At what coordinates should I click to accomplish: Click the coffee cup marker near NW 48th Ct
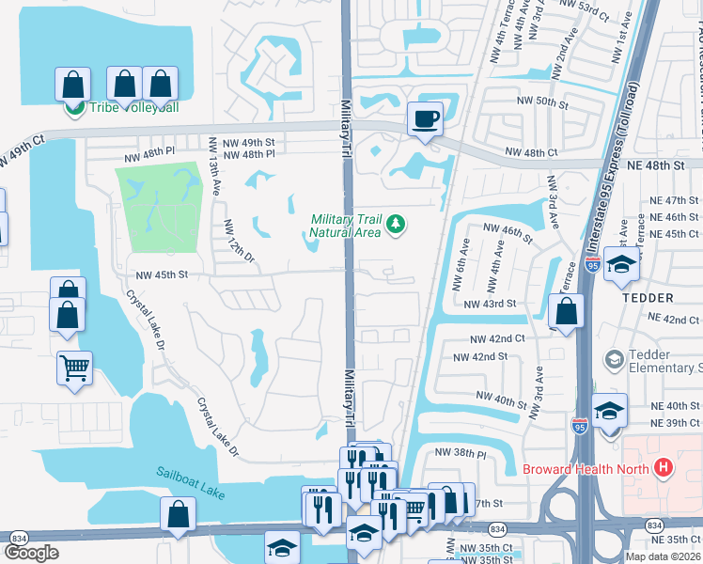tap(425, 119)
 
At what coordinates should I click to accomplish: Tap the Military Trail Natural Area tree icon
tap(397, 223)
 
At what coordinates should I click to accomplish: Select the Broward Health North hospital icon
tap(664, 467)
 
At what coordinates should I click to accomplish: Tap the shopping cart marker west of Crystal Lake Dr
tap(74, 368)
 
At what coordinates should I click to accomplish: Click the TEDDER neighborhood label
tap(647, 298)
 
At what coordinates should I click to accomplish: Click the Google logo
tap(31, 553)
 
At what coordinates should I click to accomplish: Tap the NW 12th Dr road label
tap(240, 241)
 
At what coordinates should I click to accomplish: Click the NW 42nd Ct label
tap(497, 338)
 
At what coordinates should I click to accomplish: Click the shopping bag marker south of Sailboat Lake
tap(178, 514)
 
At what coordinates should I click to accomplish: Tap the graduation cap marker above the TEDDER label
tap(621, 265)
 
